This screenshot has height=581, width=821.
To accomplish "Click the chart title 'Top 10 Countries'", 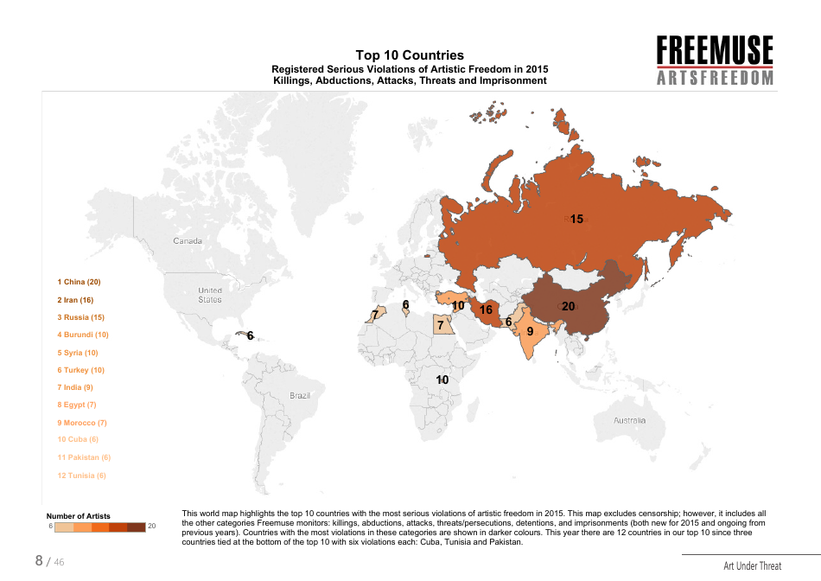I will pos(410,55).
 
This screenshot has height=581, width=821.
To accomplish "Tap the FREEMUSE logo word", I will pos(714,50).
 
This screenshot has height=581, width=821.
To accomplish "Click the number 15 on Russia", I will pos(576,219).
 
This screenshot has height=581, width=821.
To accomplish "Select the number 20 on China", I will pos(568,306).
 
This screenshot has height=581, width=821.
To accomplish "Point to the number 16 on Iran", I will pos(486,310).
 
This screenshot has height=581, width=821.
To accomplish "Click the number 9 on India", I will pos(530,330).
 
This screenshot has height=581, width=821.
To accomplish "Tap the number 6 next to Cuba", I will pos(251,335).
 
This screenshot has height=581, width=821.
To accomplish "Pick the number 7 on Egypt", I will pos(440,326).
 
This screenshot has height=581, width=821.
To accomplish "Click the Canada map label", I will pos(188,240).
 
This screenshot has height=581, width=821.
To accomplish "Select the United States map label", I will pos(210,295).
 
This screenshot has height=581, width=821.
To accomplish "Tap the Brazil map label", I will pos(300,395).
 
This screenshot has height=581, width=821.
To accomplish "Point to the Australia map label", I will pos(629,420).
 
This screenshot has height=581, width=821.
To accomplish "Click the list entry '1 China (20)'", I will pos(80,282).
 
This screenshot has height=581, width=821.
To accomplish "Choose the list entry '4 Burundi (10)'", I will pos(83,335).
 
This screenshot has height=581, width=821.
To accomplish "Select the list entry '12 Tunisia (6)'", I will pos(82,476).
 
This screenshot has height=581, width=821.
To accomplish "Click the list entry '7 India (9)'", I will pos(75,387).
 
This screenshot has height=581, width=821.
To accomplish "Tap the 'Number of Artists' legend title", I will pos(78,516).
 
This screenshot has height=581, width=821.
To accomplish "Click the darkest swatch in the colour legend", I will pos(136,527).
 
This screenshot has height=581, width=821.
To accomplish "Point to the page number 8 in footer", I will pos(39,560).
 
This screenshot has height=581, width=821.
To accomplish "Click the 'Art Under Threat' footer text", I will pos(752,566).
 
